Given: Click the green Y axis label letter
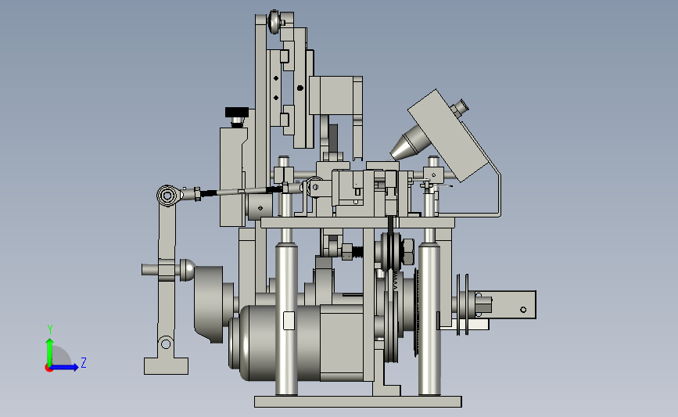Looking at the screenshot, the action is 50,329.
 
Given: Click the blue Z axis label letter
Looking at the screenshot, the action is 84,362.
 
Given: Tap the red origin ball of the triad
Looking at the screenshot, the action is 48,368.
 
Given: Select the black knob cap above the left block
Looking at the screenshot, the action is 236,113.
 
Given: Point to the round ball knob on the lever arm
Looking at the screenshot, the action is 187,270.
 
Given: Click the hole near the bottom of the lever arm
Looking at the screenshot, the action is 166,344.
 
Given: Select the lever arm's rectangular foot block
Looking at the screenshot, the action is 166,366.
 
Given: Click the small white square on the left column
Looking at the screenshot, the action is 289,321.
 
